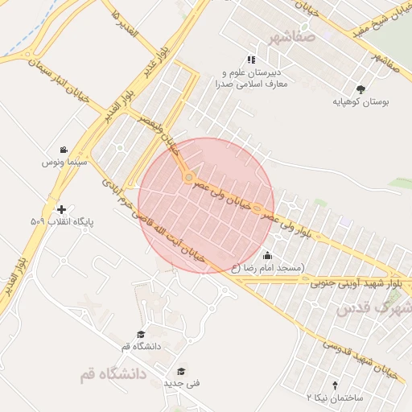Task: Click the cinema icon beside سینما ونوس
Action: [x=63, y=150]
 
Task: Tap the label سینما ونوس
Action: [x=64, y=162]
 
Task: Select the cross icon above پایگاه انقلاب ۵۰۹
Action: [x=62, y=208]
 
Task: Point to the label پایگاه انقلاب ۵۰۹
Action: [x=62, y=220]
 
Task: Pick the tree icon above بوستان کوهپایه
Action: [x=360, y=89]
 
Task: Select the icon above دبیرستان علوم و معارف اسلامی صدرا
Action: [x=251, y=60]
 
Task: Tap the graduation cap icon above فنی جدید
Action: [x=182, y=371]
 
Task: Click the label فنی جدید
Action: [x=182, y=383]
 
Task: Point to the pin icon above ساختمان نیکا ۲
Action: [x=336, y=385]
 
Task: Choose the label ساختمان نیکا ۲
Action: [x=336, y=398]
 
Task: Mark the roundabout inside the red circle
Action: [x=188, y=176]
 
